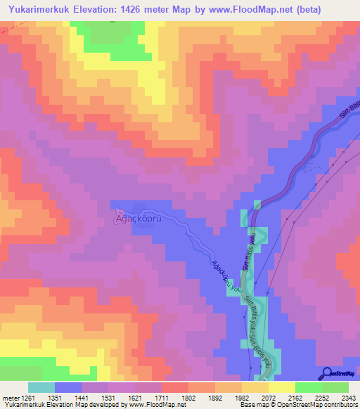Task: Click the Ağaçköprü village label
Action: [x=140, y=218]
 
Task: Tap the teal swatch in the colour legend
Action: [x=41, y=388]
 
